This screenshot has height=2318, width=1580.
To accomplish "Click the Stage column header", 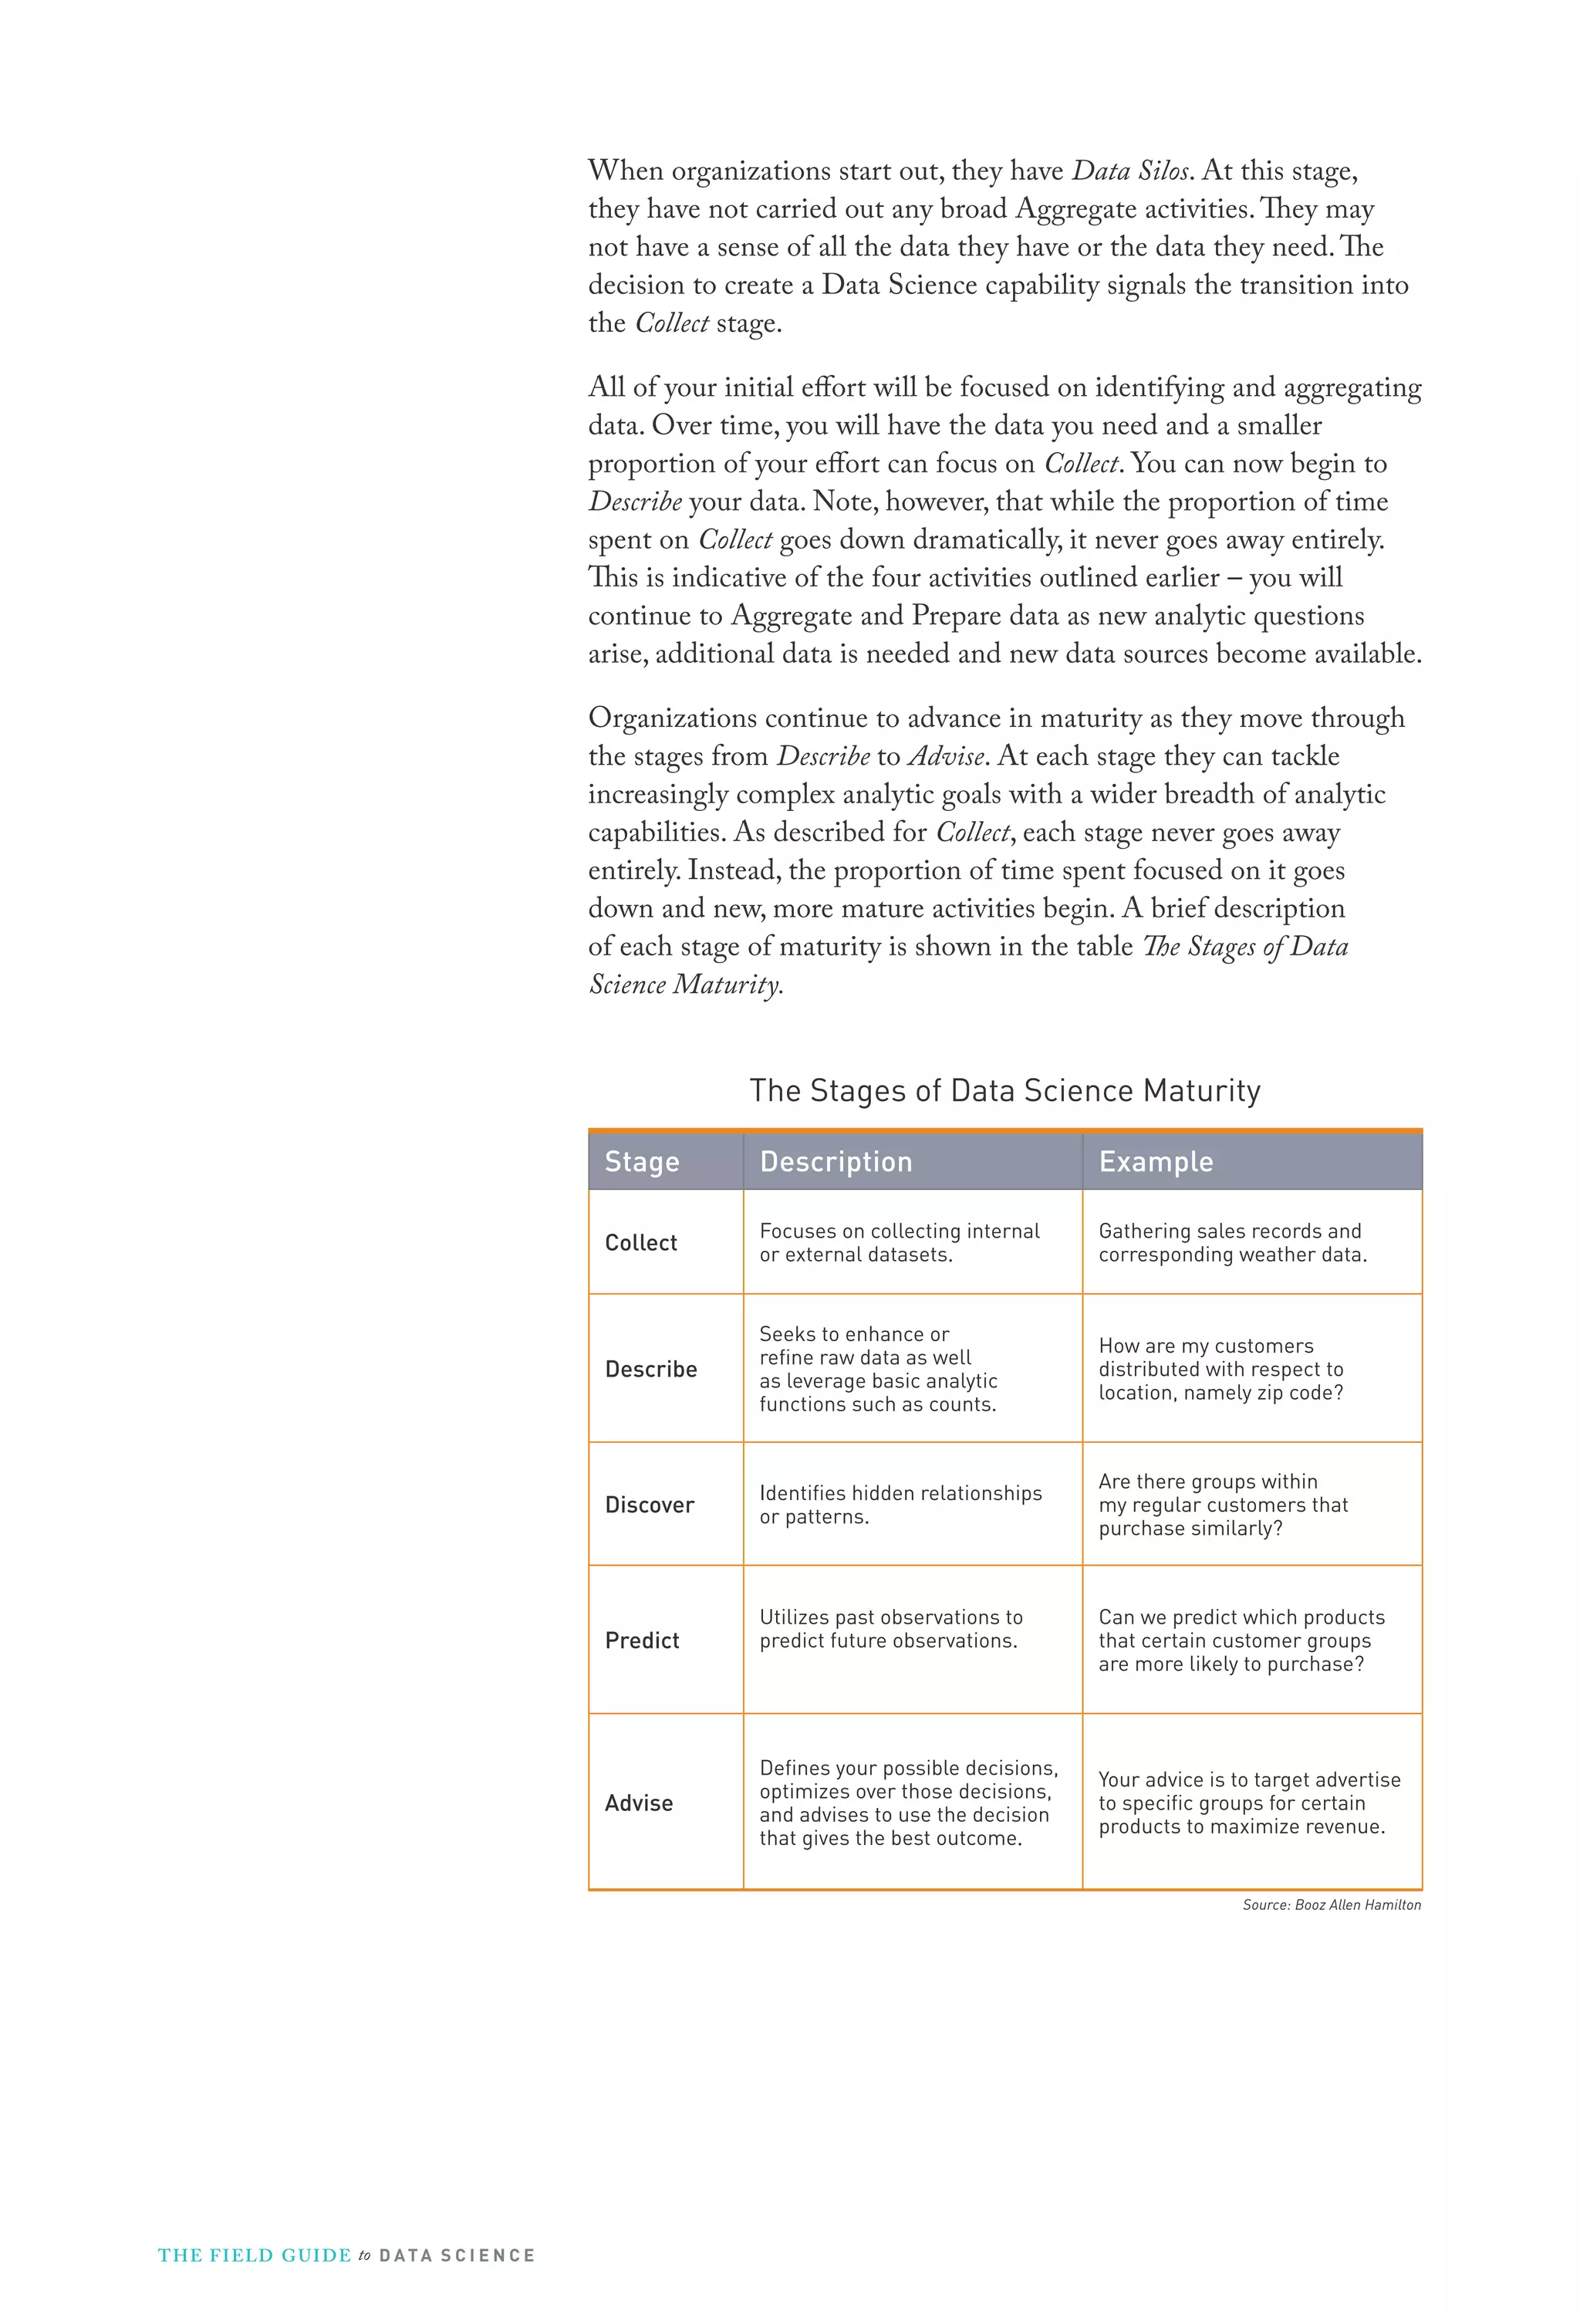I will click(641, 1161).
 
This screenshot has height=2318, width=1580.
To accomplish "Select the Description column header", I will click(836, 1161).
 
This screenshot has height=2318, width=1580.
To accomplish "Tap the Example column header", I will click(1155, 1161).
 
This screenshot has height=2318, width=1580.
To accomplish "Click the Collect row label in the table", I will click(640, 1243).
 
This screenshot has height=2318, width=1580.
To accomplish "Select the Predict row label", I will click(641, 1640).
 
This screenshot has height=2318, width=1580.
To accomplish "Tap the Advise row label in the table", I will click(638, 1803).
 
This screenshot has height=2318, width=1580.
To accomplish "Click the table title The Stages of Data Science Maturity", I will click(1004, 1090).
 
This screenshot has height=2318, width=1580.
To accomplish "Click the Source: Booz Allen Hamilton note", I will click(1331, 1904).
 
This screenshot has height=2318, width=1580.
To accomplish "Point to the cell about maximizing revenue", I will click(1249, 1803).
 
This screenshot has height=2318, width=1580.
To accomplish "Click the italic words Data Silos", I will click(1131, 171).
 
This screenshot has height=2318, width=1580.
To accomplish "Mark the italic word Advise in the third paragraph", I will click(946, 757).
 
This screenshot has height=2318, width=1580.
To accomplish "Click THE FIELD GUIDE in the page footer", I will click(255, 2255).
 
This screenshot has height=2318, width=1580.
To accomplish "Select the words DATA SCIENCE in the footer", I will click(457, 2255).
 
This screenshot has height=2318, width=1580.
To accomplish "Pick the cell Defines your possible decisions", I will click(908, 1803).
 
